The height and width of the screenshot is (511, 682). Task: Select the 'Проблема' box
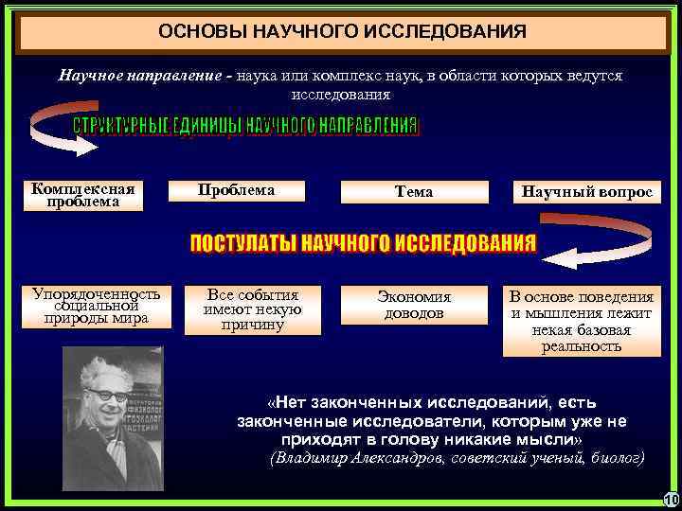point(237,190)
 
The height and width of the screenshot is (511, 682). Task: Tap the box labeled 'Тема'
point(414,191)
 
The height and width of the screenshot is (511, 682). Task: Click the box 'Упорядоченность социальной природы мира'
point(97,306)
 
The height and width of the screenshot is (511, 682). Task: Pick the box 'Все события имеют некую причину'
point(253,309)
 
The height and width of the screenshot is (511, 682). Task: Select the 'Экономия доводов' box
point(414,305)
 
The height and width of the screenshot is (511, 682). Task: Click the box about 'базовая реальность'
point(582,320)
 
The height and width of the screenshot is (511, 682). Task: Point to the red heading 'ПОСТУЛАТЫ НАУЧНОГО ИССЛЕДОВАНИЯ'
point(363,243)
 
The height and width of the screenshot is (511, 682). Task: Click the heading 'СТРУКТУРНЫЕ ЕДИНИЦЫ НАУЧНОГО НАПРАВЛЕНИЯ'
point(245,127)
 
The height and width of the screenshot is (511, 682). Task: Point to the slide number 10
point(672,500)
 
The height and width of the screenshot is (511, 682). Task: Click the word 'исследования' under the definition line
point(340,95)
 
